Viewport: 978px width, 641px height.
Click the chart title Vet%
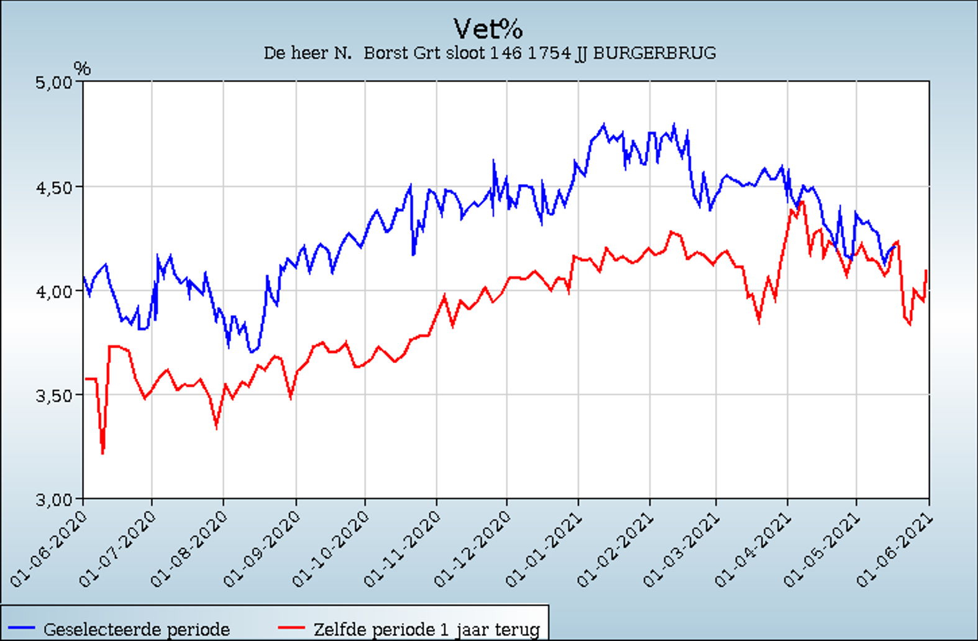488,29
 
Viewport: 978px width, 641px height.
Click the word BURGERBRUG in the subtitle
654,53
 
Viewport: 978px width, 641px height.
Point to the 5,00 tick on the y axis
55,82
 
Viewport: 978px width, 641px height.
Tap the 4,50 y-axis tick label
55,187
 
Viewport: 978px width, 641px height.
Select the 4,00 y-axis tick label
55,290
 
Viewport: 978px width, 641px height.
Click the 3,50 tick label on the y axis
55,394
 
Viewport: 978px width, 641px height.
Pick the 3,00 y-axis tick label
55,498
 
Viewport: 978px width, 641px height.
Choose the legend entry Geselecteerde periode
136,629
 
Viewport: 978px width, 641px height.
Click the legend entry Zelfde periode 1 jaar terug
426,629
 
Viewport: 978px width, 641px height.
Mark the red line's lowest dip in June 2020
103,453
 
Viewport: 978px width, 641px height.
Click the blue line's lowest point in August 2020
252,353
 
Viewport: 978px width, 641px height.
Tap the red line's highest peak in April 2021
802,202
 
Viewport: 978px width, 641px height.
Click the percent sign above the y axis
82,68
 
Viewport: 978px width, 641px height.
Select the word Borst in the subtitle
382,53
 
